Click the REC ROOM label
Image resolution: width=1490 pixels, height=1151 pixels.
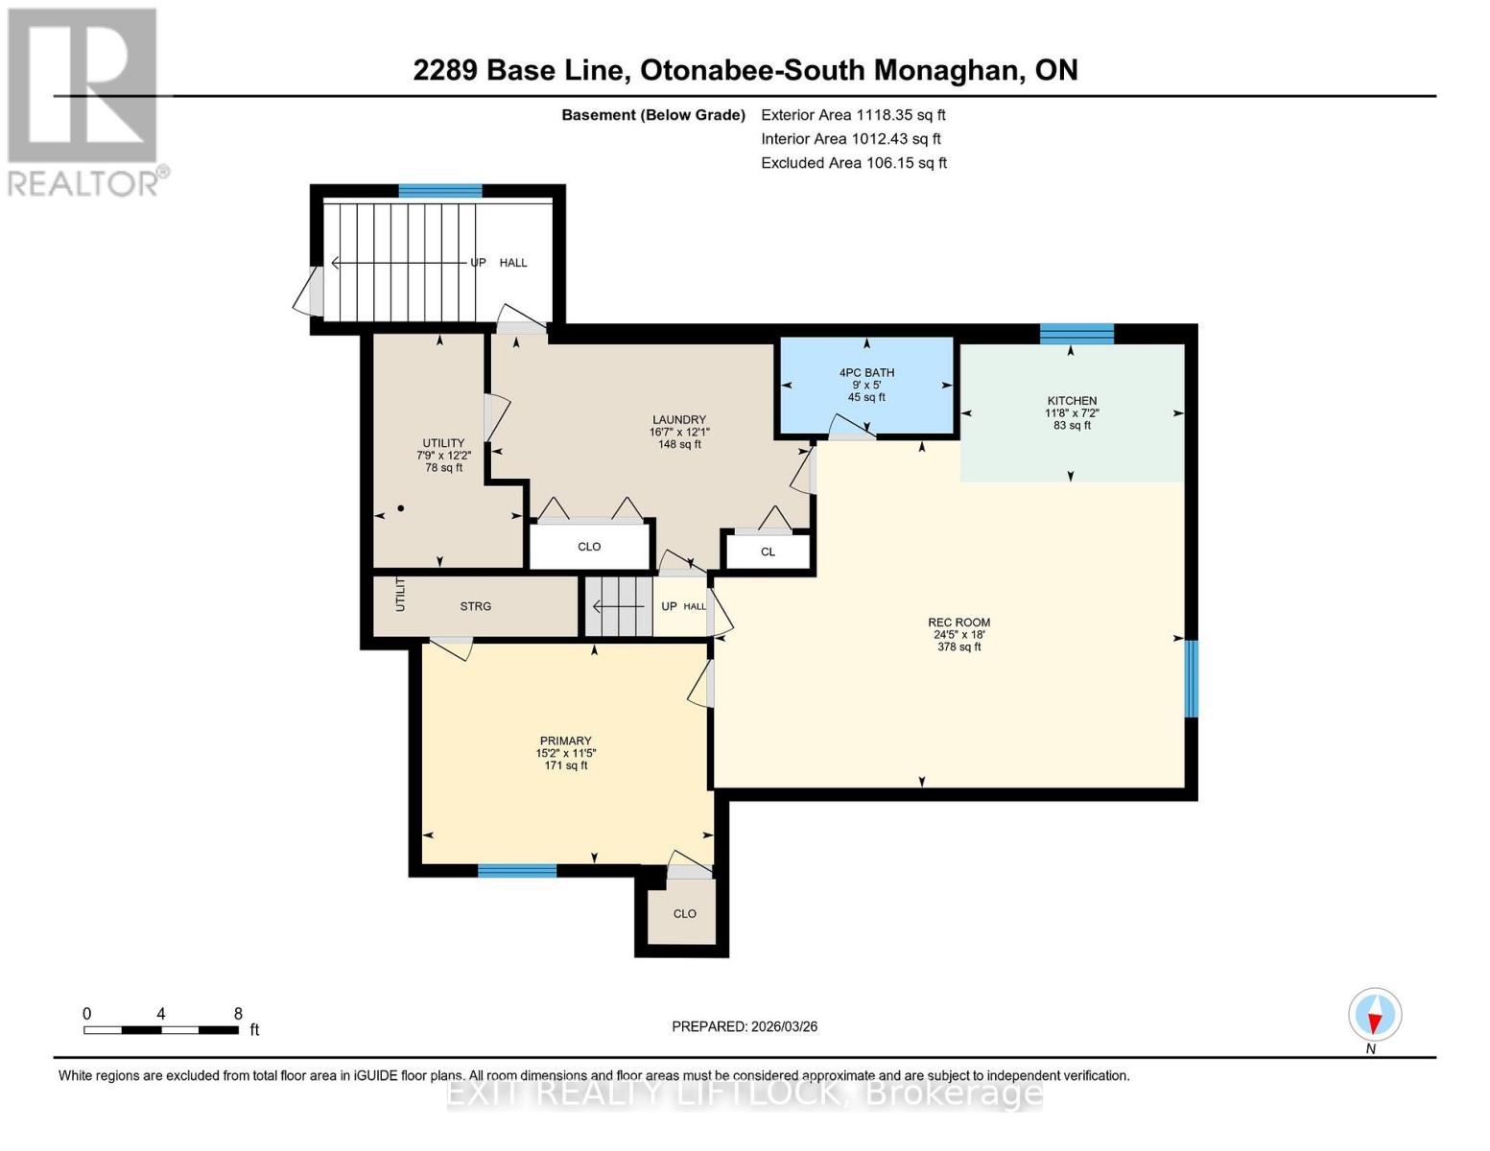pyautogui.click(x=958, y=622)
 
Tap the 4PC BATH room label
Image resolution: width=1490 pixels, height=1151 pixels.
pyautogui.click(x=866, y=372)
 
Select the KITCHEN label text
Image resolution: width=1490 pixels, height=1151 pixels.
pyautogui.click(x=1072, y=401)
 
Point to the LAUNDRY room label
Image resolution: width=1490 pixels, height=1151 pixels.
pyautogui.click(x=679, y=419)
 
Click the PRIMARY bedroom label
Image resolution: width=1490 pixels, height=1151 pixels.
pyautogui.click(x=565, y=740)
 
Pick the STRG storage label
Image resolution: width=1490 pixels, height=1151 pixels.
pyautogui.click(x=475, y=606)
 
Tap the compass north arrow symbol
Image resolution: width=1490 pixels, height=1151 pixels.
pyautogui.click(x=1375, y=1015)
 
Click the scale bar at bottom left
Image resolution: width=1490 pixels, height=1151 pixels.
pyautogui.click(x=161, y=1030)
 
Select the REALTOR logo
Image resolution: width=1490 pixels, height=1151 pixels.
pyautogui.click(x=84, y=102)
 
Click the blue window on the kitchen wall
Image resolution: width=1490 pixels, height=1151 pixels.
pyautogui.click(x=1076, y=334)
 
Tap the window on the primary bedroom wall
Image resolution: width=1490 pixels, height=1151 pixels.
pyautogui.click(x=517, y=871)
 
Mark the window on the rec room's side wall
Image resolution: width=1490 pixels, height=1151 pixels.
pyautogui.click(x=1191, y=678)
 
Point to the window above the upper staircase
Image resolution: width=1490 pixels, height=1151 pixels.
pyautogui.click(x=440, y=191)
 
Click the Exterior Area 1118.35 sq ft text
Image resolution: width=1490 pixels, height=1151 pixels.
pyautogui.click(x=853, y=114)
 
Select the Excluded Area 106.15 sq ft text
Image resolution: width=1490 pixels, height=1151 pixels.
pyautogui.click(x=853, y=163)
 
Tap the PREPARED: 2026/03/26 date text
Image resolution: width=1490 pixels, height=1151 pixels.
pyautogui.click(x=745, y=1026)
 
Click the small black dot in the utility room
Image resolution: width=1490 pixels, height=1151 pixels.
pyautogui.click(x=401, y=508)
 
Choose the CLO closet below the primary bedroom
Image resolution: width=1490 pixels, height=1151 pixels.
pyautogui.click(x=684, y=913)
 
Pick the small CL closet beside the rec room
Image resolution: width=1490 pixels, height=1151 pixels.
pyautogui.click(x=768, y=552)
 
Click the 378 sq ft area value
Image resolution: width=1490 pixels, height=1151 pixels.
pyautogui.click(x=958, y=647)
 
